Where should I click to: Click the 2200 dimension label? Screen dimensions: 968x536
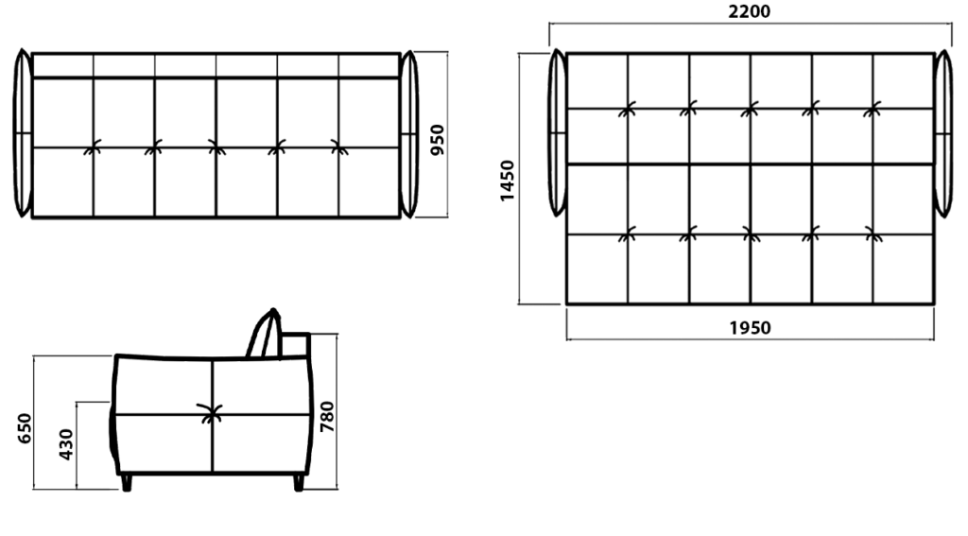click(x=750, y=11)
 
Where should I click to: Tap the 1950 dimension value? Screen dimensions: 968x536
click(x=750, y=328)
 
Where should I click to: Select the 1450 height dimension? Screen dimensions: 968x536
click(x=507, y=181)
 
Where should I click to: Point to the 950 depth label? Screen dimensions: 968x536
click(x=437, y=140)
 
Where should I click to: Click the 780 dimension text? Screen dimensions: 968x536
click(x=327, y=417)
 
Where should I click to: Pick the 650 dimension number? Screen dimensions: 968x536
click(x=24, y=428)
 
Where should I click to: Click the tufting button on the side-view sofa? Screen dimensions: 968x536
click(x=211, y=412)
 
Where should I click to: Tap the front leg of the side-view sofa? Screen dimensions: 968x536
click(x=127, y=482)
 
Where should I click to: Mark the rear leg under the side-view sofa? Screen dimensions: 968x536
click(x=299, y=482)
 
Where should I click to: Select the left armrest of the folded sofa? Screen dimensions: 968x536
click(x=23, y=132)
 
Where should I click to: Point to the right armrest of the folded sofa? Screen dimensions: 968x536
click(x=408, y=134)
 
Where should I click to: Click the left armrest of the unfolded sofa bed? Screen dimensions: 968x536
click(x=557, y=132)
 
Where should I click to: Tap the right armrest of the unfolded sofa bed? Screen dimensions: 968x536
click(x=943, y=134)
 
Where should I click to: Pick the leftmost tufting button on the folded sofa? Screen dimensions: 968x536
click(x=93, y=147)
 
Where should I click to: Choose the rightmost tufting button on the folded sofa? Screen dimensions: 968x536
click(x=339, y=147)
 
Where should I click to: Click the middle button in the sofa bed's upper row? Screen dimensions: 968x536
click(x=750, y=110)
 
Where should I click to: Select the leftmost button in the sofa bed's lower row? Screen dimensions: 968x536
click(x=628, y=234)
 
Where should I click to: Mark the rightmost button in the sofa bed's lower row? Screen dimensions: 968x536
click(x=873, y=234)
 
